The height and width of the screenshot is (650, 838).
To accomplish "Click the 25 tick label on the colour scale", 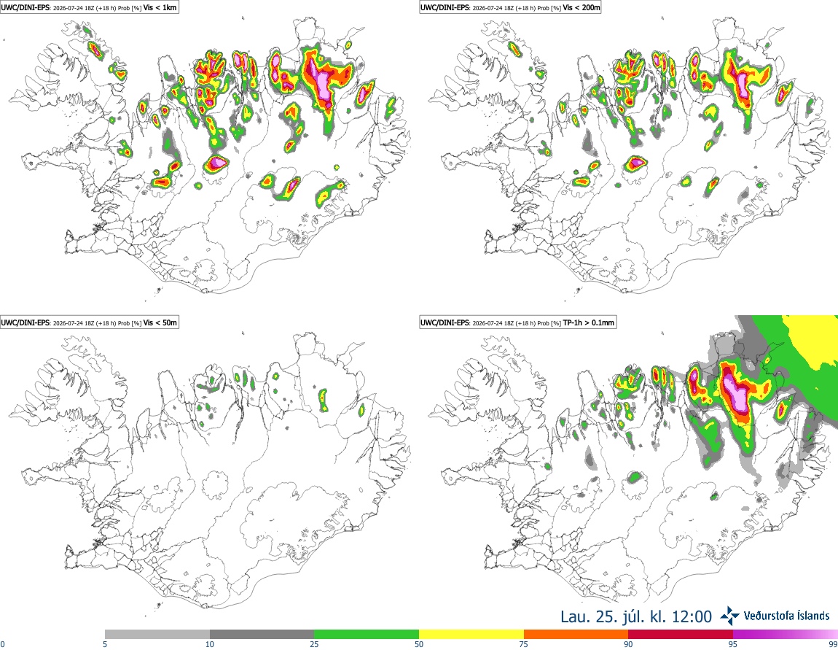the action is [314, 644].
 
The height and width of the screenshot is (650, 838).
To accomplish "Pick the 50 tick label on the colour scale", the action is [419, 644].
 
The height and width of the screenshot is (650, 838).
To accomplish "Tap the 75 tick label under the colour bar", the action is [524, 644].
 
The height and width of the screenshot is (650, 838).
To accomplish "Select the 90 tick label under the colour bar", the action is [628, 644].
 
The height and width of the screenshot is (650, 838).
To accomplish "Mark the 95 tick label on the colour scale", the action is [733, 644].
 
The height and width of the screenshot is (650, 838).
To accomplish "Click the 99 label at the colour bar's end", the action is [833, 644].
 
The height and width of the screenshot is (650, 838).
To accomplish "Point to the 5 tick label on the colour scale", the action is [105, 644].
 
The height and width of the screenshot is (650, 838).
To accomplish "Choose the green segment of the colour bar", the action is [367, 635].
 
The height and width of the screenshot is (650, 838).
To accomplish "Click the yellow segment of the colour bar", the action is [471, 635].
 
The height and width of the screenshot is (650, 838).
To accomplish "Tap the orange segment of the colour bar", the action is [576, 635].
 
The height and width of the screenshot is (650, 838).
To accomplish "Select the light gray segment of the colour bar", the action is [157, 635].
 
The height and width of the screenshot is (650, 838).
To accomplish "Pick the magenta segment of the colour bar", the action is [786, 635].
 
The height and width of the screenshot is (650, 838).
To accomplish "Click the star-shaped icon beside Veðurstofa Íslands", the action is [730, 616].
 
